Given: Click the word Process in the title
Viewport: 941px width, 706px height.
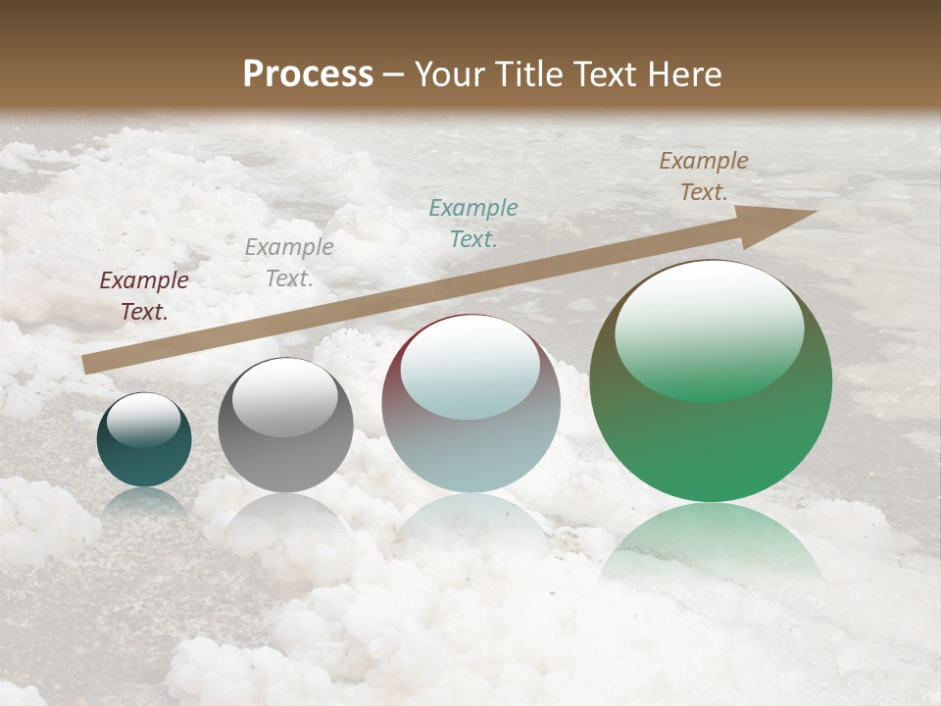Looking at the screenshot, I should click(308, 75).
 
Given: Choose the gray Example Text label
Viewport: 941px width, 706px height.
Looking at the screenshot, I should click(288, 263).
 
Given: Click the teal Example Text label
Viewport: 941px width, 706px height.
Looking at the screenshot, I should click(473, 223).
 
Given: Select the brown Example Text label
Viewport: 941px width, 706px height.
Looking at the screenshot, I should click(703, 176).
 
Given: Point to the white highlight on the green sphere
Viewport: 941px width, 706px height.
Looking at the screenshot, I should click(709, 328).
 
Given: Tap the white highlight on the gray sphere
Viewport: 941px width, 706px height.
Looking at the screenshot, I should click(285, 397).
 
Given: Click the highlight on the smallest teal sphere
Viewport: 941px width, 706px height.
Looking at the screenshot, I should click(143, 420).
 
